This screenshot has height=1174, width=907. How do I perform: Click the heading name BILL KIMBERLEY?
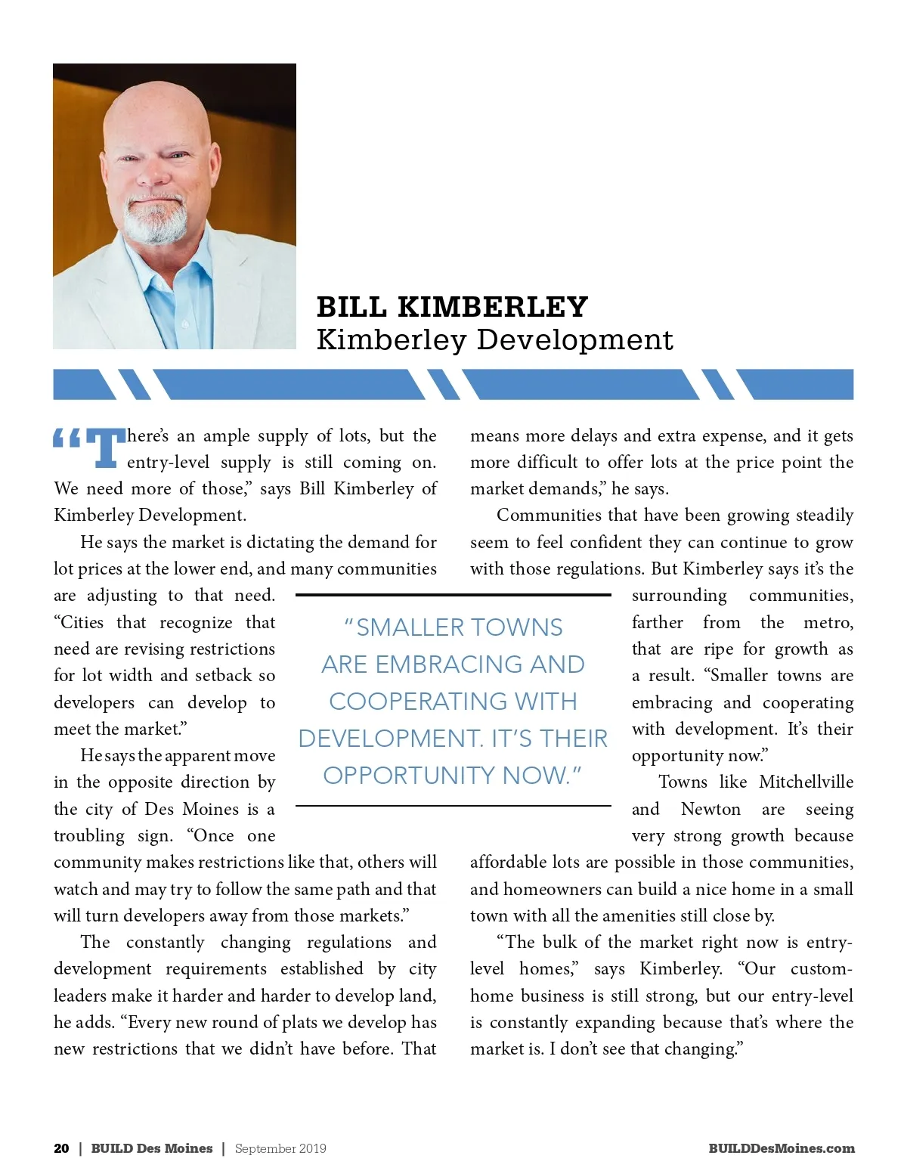pos(452,307)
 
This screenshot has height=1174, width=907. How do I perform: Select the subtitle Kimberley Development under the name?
pos(494,339)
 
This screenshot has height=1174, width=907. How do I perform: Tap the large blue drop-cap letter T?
pos(106,448)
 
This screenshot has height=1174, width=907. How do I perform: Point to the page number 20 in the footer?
pos(61,1148)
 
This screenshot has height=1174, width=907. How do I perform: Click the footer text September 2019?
pos(280,1148)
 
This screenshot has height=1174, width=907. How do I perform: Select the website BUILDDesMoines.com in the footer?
pos(781,1148)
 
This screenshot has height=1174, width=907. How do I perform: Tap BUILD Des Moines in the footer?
pos(152,1148)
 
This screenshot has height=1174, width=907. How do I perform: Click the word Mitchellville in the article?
pos(806,782)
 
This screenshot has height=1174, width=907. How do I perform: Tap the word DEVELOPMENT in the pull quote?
pos(390,739)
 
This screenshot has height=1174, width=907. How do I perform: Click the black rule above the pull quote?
pos(453,595)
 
